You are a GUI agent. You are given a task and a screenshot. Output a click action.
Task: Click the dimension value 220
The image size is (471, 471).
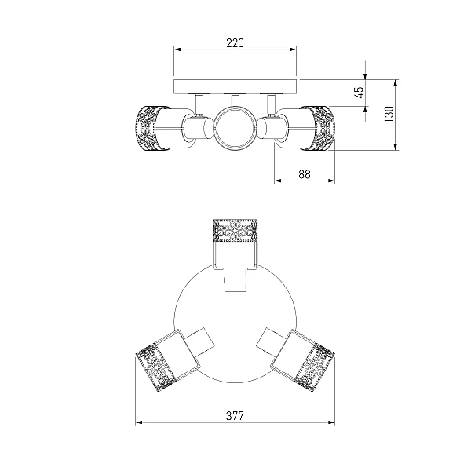click(235, 43)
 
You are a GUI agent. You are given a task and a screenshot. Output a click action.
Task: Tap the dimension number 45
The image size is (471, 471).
click(359, 93)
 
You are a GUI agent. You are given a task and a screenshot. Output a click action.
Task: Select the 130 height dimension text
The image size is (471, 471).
click(389, 114)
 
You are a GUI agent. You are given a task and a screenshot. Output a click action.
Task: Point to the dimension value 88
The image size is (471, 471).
click(305, 174)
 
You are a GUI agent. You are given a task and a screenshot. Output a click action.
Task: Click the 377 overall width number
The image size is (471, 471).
click(235, 416)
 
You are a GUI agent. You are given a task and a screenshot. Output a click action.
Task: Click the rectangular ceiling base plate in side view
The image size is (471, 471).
click(235, 87)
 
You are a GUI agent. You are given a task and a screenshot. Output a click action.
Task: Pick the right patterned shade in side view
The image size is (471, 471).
click(318, 128)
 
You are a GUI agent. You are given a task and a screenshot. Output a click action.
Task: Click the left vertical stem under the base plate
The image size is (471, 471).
click(199, 104)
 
